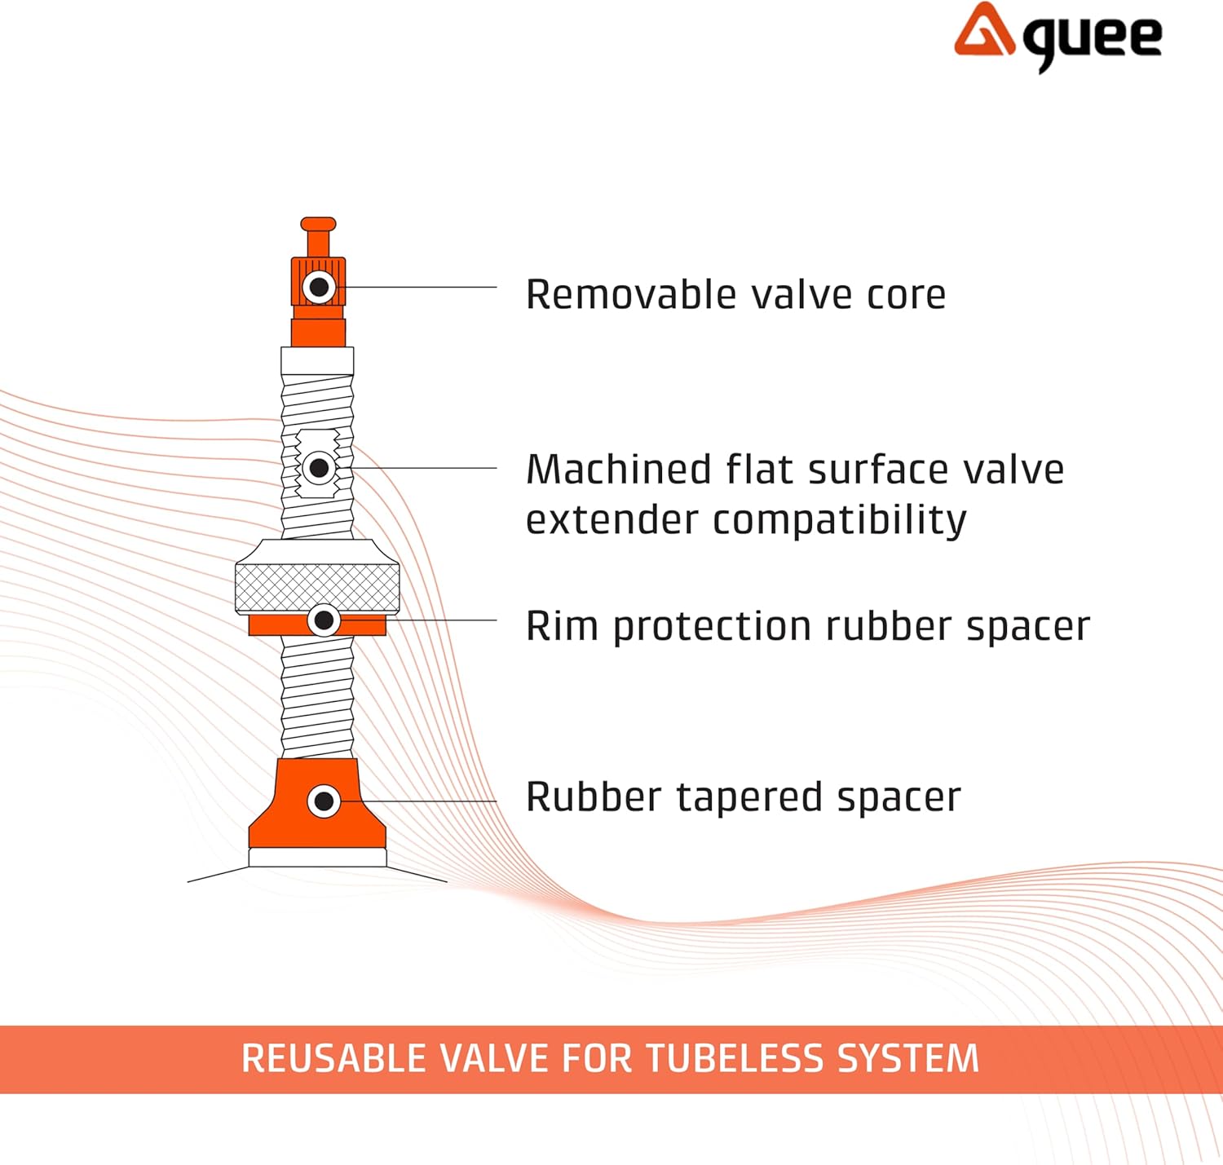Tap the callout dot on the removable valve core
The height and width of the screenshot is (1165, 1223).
coord(319,287)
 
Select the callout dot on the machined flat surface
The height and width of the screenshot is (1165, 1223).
coord(319,468)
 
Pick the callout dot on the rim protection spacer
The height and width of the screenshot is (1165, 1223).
coord(324,620)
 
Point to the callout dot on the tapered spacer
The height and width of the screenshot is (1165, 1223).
coord(324,801)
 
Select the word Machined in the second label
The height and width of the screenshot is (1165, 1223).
coord(619,470)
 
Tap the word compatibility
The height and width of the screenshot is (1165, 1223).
coord(840,520)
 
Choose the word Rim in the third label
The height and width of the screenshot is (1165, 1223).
coord(562,626)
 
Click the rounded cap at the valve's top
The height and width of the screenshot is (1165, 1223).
coord(318,223)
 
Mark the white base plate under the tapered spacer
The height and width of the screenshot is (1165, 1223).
coord(317,857)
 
